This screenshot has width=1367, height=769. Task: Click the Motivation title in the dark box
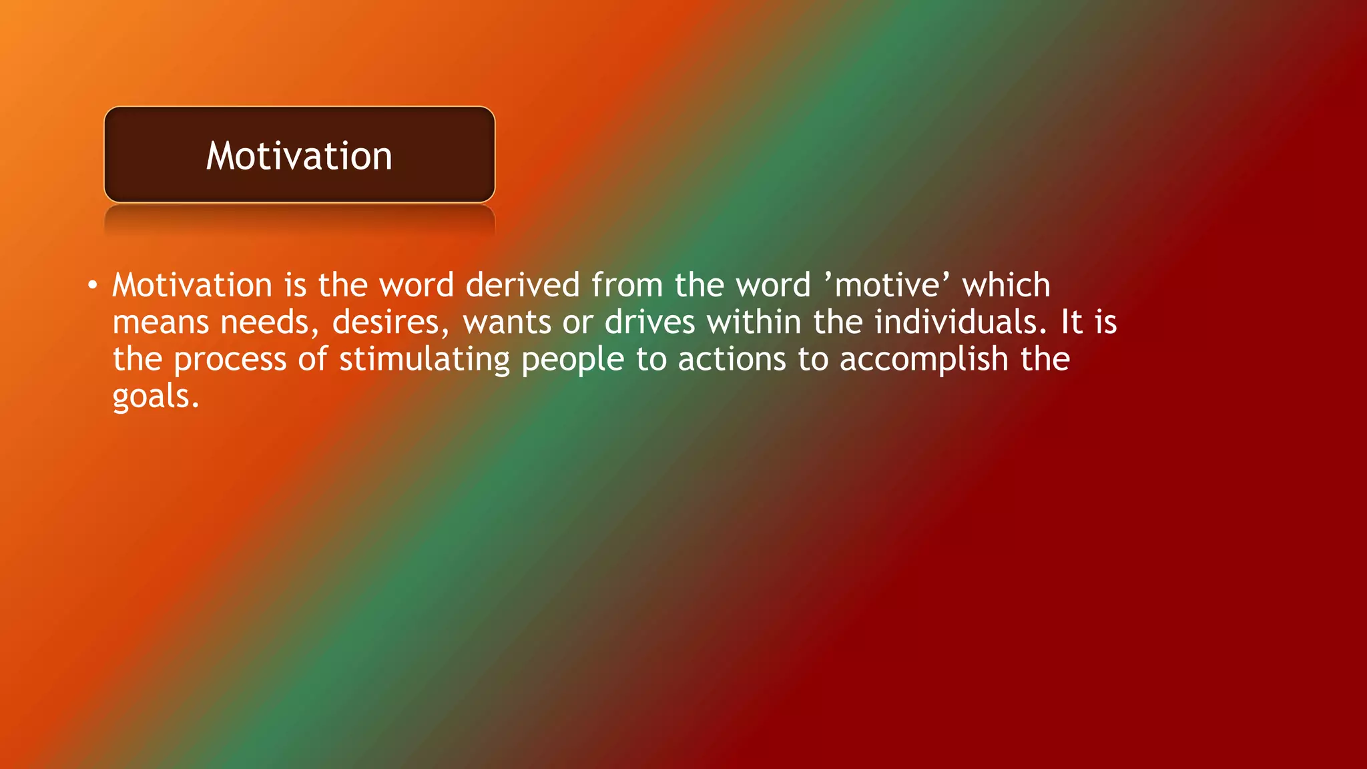tap(299, 156)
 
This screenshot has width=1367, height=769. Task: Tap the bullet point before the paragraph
tap(92, 286)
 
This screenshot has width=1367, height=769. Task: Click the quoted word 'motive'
tap(887, 286)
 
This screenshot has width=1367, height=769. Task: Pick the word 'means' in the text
tap(161, 323)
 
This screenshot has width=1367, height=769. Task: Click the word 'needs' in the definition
tap(265, 323)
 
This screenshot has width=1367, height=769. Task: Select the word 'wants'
tap(507, 323)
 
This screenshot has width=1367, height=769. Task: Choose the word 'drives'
tap(649, 323)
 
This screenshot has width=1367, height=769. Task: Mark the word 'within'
tap(754, 323)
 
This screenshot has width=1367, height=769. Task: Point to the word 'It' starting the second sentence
tap(1071, 323)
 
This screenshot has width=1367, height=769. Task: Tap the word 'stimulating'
tap(425, 360)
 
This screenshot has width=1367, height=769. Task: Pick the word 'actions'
tap(732, 360)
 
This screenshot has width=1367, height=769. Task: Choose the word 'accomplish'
tap(924, 360)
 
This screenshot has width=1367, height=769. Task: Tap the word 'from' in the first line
tap(627, 286)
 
